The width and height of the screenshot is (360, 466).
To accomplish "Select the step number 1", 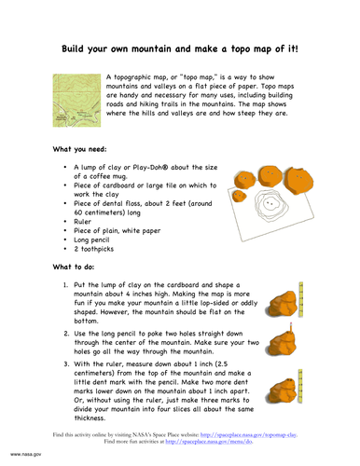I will tap(64, 287).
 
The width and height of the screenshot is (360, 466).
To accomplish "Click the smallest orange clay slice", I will tap(239, 197).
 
